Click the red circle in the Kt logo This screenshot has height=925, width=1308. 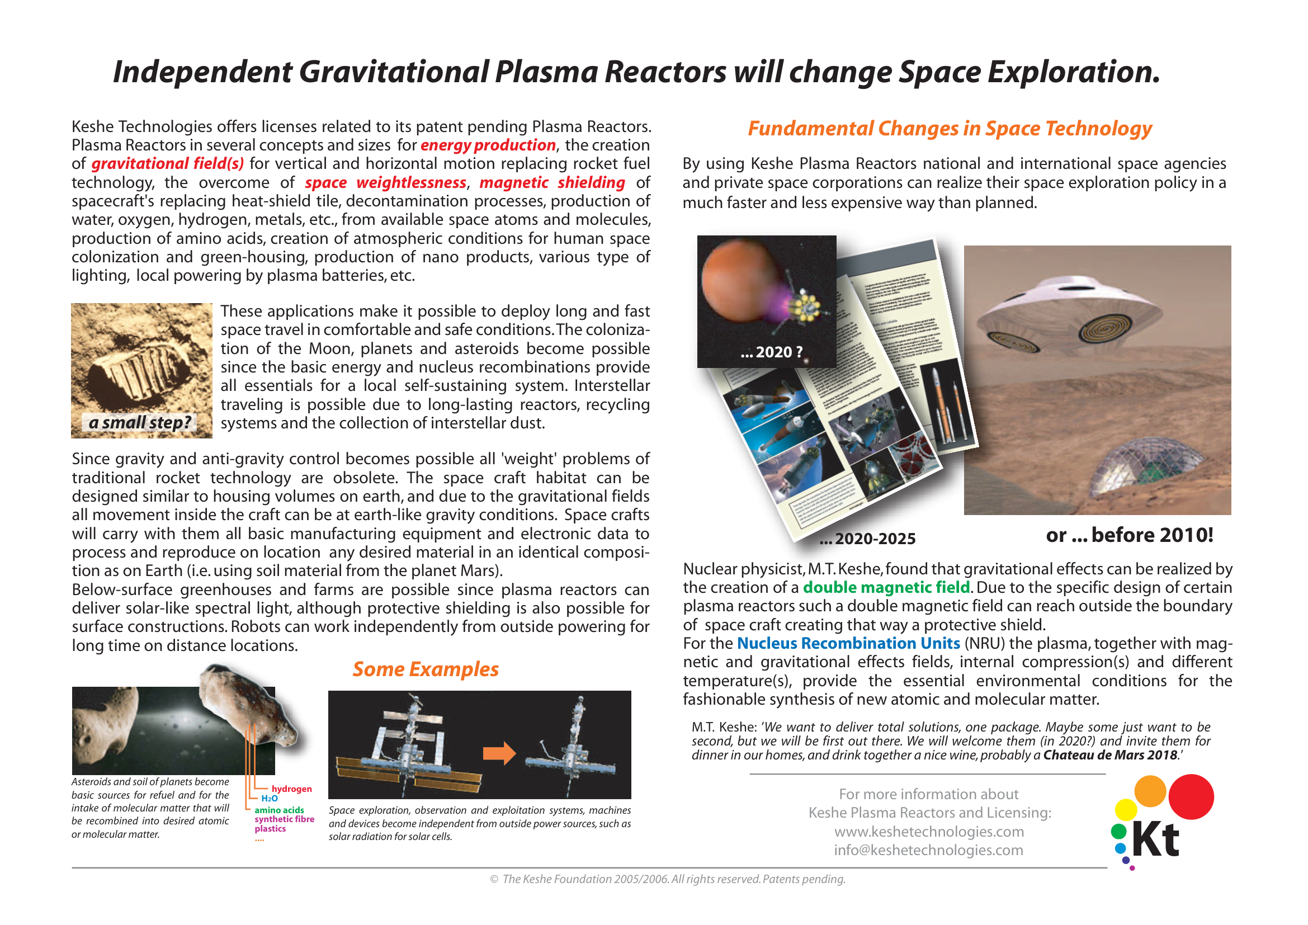click(1191, 796)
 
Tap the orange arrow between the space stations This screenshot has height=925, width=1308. click(499, 753)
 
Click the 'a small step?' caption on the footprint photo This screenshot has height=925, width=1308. click(140, 423)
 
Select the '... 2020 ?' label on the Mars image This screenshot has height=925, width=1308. click(771, 352)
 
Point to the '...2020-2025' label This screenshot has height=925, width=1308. click(867, 538)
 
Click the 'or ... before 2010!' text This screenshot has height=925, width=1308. click(1129, 535)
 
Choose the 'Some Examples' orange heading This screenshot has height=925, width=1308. click(425, 669)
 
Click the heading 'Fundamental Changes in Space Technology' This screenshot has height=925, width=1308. click(949, 129)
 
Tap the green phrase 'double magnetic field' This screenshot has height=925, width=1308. click(886, 587)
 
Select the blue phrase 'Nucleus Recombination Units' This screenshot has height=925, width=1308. click(848, 643)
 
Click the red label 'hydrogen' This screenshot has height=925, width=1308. click(292, 789)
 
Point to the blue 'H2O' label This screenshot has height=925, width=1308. click(270, 799)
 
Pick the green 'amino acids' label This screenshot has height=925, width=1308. click(279, 810)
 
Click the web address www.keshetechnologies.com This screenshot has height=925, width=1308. click(929, 832)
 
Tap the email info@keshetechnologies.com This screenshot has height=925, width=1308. click(929, 851)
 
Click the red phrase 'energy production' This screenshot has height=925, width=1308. click(488, 145)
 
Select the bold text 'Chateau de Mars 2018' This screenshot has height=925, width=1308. click(1109, 755)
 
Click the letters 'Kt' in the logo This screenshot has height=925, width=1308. click(1155, 840)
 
